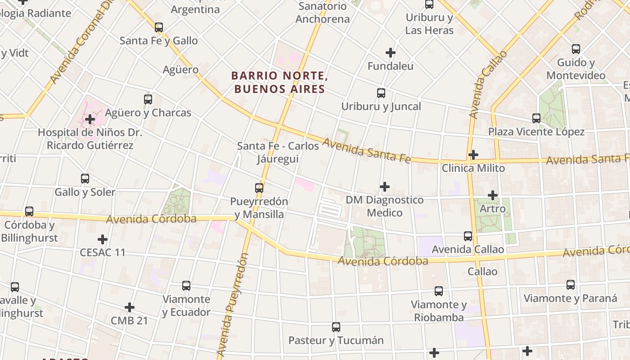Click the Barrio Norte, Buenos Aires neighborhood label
point(279,82)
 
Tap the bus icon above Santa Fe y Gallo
point(159,27)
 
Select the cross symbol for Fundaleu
point(391,53)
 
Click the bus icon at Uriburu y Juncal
point(381,93)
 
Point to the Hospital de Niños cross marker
point(90,119)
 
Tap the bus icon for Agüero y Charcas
point(148,99)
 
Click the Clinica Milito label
point(473,168)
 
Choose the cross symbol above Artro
point(493,195)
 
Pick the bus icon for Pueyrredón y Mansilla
point(259,188)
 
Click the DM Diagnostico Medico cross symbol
point(385,186)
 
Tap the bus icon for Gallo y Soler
point(85,179)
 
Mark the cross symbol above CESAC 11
point(103,239)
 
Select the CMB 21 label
point(129,321)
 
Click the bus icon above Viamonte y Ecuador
point(186,286)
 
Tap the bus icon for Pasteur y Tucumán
point(336,327)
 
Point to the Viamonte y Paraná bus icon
point(571,285)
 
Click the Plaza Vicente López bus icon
point(536,118)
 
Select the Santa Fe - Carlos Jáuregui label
point(278,153)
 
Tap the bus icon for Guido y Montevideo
point(576,49)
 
